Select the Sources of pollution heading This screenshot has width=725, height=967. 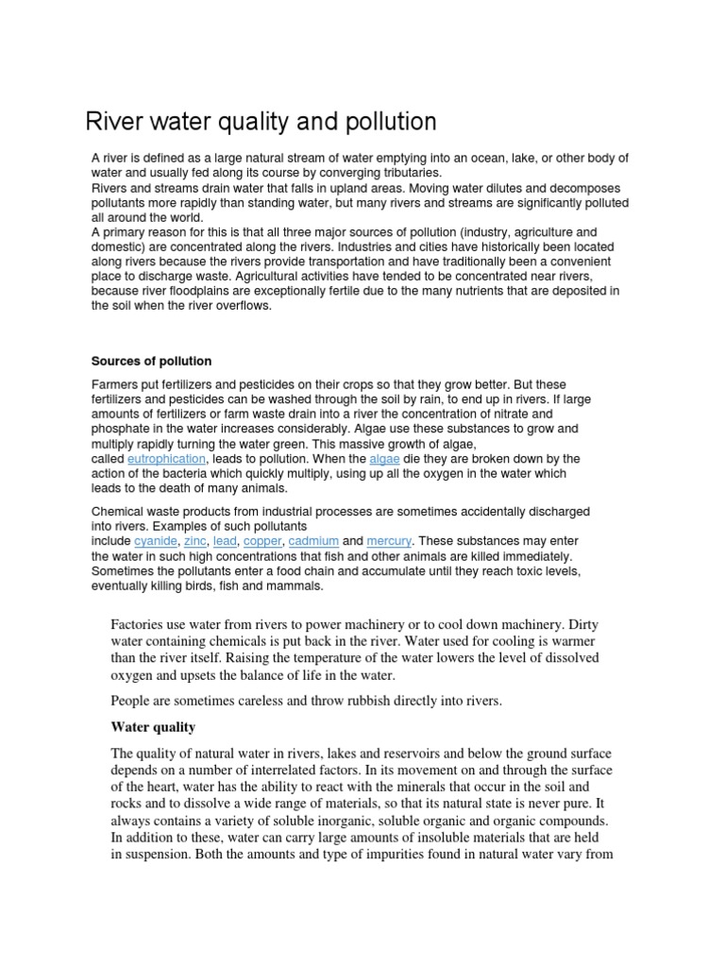click(x=151, y=361)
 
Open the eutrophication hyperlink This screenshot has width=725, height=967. click(x=166, y=458)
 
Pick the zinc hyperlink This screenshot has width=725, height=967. click(x=195, y=541)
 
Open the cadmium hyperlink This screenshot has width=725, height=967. click(x=312, y=541)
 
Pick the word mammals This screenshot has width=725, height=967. click(x=297, y=585)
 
